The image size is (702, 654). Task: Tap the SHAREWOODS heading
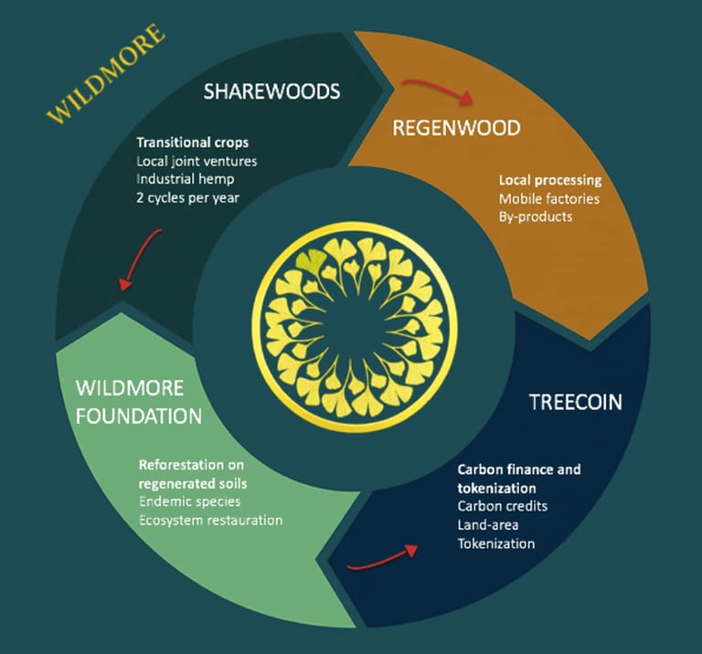click(271, 91)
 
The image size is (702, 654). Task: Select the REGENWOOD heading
click(456, 128)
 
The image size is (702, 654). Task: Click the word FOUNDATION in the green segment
click(138, 416)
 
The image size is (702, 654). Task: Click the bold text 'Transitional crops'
click(192, 143)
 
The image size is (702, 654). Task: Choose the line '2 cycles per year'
click(190, 198)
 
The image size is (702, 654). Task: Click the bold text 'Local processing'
click(549, 180)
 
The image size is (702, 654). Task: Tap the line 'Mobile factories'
click(549, 198)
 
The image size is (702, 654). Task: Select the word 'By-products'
click(536, 216)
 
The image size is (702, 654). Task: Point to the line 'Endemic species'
click(190, 501)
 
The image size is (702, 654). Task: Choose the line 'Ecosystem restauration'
click(210, 520)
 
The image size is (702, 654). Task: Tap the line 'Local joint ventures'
click(196, 162)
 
